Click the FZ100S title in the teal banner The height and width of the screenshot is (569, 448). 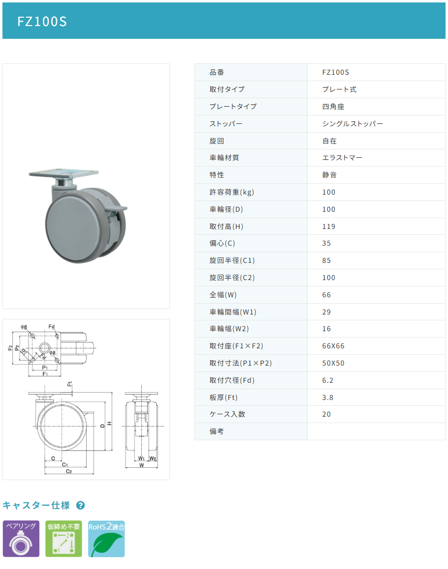[x=42, y=22]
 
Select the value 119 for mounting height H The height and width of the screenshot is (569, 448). [x=329, y=227]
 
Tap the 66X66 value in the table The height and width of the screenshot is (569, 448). [x=333, y=346]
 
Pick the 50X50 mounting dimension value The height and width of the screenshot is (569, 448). [x=333, y=363]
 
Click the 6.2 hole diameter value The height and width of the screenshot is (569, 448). [x=328, y=380]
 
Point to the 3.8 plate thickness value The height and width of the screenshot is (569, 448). [x=328, y=398]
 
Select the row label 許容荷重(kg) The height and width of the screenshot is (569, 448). [x=232, y=192]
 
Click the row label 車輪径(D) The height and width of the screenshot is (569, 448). [x=226, y=209]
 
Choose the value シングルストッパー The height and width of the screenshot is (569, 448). [x=352, y=124]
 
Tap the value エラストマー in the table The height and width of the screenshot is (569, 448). [x=342, y=158]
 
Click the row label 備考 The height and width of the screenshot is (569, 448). [x=217, y=431]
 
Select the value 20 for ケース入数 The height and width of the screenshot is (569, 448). [x=326, y=414]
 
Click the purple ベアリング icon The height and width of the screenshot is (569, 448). [x=21, y=539]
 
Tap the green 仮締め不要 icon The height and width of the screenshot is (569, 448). [x=64, y=539]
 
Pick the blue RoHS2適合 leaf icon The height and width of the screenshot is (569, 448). [x=106, y=539]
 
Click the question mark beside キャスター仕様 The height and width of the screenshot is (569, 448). [x=81, y=505]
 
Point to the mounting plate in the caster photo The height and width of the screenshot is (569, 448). [x=64, y=173]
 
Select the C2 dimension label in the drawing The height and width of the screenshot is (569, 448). [x=69, y=471]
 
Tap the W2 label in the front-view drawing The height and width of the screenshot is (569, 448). [x=153, y=458]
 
